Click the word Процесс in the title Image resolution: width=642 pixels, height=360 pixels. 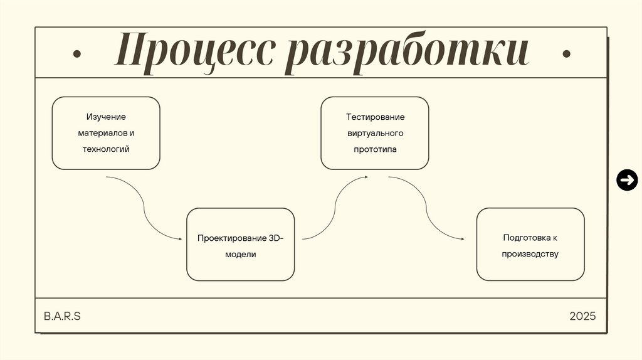point(195,53)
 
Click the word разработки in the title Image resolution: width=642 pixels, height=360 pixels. point(406,53)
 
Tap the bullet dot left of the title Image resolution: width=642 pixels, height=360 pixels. point(76,54)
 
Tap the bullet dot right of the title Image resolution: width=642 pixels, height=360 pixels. point(566,54)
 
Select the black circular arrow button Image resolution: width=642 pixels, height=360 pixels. point(626,181)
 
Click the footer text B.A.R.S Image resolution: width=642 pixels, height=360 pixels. point(62,315)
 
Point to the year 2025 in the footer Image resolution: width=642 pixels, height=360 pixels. point(582,315)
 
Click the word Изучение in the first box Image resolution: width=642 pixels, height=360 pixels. point(106,117)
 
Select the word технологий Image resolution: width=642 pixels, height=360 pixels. point(106,149)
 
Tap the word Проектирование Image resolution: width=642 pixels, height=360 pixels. point(232,238)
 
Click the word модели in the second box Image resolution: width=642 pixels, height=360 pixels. point(241,255)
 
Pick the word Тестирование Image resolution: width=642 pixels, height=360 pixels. point(375,117)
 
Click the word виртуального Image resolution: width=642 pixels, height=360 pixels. point(375,134)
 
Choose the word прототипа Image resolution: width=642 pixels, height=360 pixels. point(375,150)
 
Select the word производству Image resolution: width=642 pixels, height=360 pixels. point(530,254)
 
